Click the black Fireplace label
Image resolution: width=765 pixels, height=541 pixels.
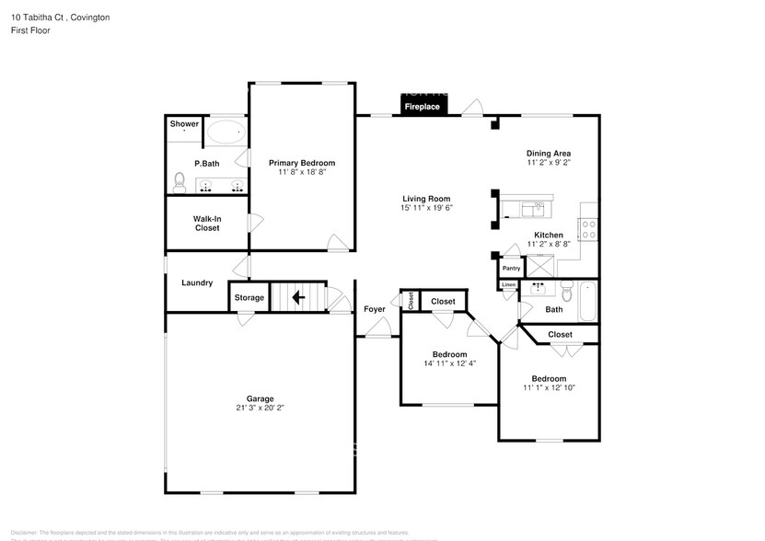tap(423, 107)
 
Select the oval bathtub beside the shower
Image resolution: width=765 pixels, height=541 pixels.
tap(225, 132)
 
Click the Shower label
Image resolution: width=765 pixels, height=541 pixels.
tap(184, 124)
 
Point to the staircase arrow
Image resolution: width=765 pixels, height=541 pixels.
tap(297, 297)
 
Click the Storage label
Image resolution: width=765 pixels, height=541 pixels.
tap(249, 297)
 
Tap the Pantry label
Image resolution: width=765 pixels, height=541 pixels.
tap(512, 269)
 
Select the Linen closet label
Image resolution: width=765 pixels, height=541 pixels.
tap(508, 285)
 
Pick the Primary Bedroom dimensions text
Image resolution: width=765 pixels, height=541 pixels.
tap(302, 172)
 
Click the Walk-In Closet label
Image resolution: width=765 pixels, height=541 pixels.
tap(207, 223)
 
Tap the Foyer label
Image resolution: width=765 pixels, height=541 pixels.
tap(375, 309)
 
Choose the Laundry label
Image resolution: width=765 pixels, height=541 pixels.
tap(197, 282)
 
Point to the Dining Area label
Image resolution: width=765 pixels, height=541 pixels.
tap(549, 153)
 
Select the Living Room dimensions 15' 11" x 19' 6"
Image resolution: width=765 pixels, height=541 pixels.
tap(426, 207)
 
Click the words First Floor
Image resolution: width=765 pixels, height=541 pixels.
tap(31, 30)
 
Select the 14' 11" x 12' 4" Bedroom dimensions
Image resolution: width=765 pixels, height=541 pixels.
tap(450, 363)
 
